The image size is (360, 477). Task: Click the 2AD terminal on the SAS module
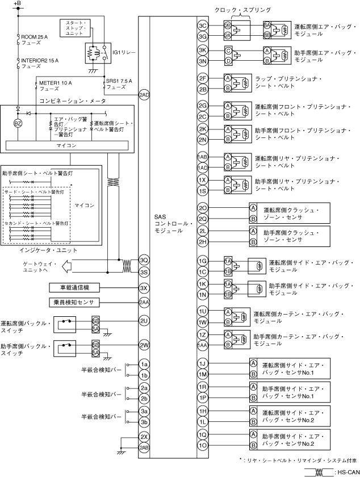click(144, 94)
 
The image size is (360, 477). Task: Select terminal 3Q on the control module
click(144, 260)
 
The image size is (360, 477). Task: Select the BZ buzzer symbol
click(18, 122)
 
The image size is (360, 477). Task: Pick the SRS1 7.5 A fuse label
click(119, 84)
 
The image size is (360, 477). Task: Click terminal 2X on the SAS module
click(144, 437)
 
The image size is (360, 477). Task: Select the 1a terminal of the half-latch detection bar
click(144, 365)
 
